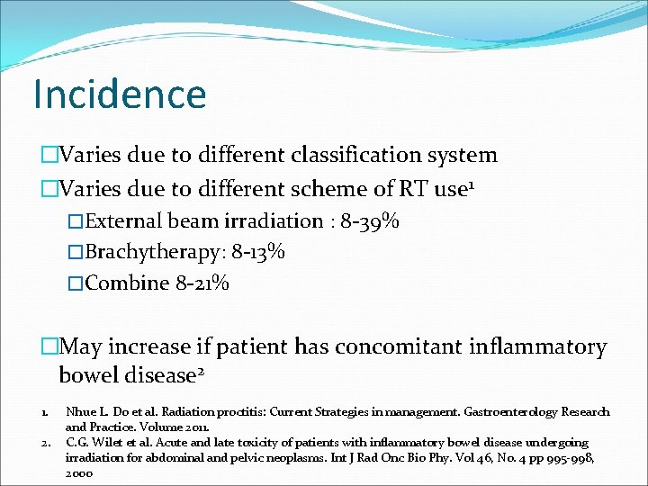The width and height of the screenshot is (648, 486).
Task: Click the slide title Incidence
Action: [119, 94]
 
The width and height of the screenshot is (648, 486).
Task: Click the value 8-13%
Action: [259, 252]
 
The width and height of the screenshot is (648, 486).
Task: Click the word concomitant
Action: [419, 346]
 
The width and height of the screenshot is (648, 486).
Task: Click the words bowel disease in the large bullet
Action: [139, 374]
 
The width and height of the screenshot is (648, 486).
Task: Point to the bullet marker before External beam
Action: [76, 221]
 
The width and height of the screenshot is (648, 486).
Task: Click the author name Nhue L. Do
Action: [96, 412]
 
